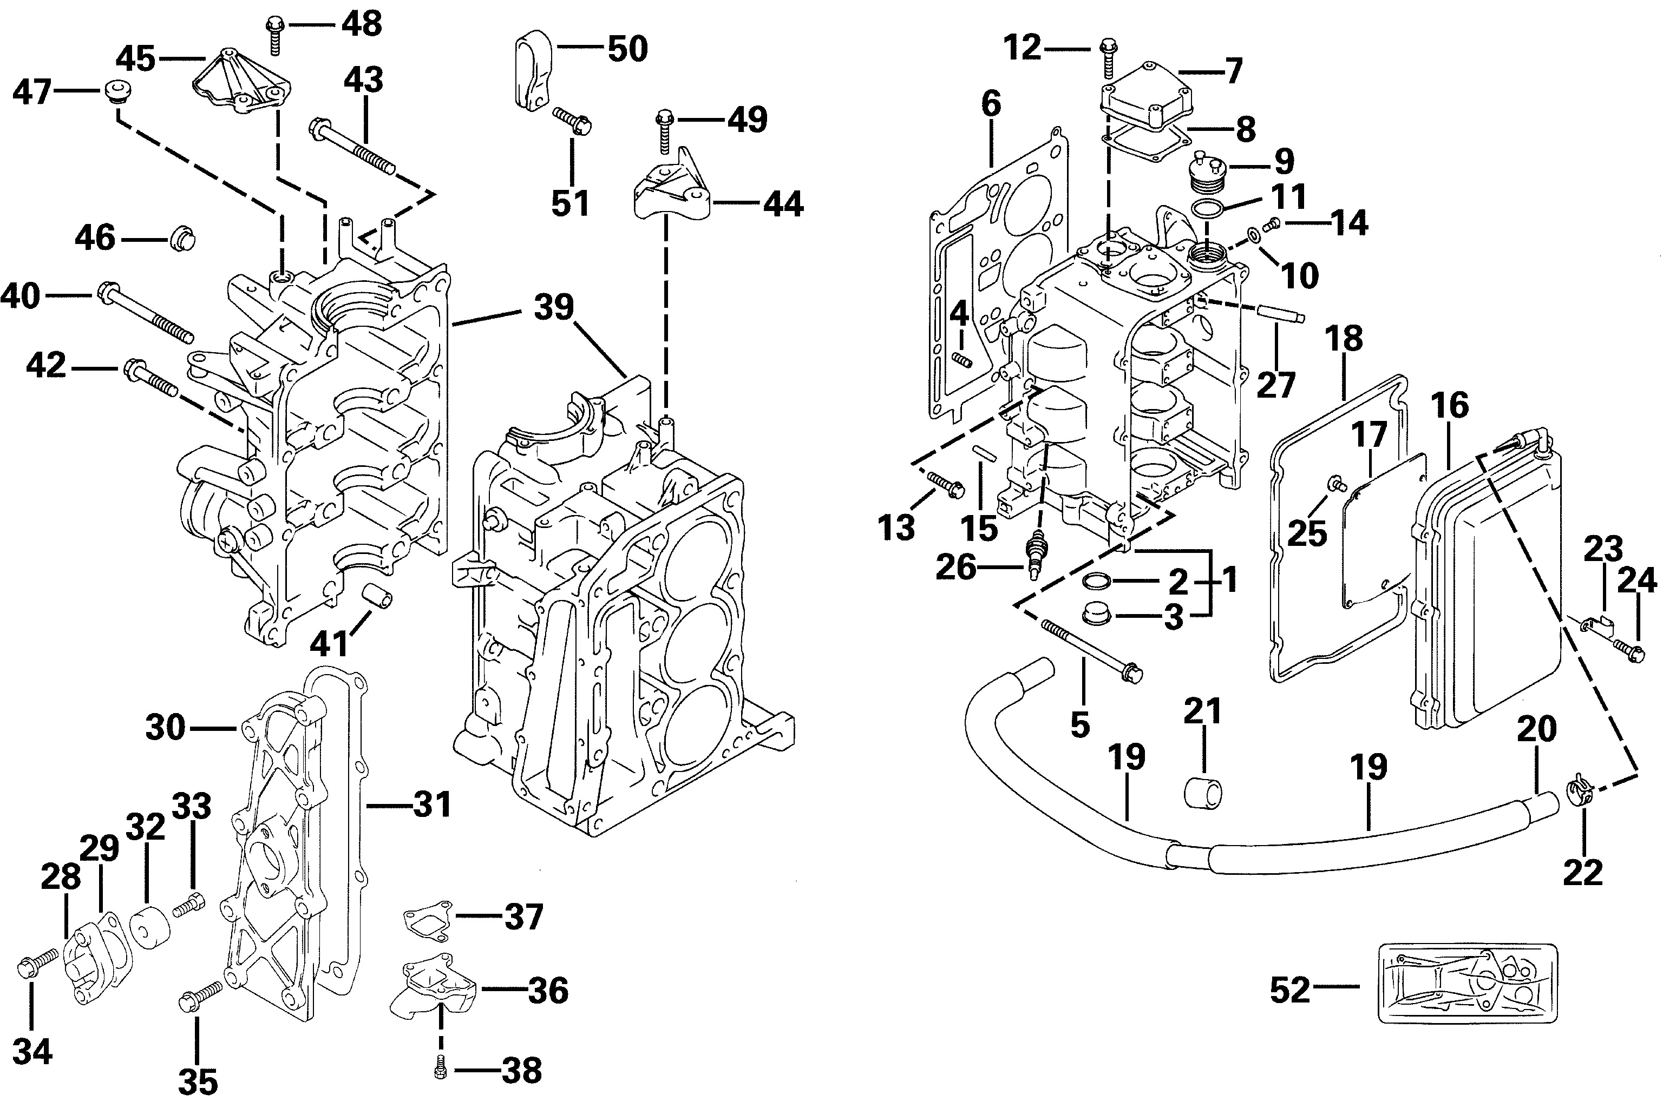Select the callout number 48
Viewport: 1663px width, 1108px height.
pyautogui.click(x=362, y=23)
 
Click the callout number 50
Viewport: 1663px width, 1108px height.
pyautogui.click(x=628, y=49)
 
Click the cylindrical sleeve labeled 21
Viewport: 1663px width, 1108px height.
pyautogui.click(x=1203, y=794)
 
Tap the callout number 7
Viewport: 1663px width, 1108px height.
pyautogui.click(x=1234, y=71)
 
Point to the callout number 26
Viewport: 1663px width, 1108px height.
pyautogui.click(x=956, y=568)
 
